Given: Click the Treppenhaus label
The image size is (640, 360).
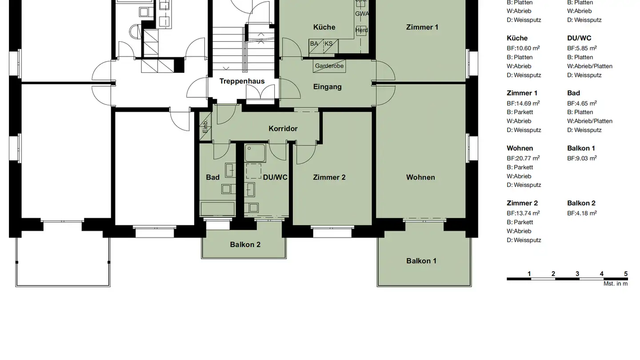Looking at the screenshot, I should pyautogui.click(x=242, y=81).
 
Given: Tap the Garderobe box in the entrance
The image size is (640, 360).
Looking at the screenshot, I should pyautogui.click(x=329, y=66).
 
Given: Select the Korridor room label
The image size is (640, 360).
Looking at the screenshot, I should pyautogui.click(x=283, y=128).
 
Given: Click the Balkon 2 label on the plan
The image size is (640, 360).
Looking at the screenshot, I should pyautogui.click(x=245, y=244).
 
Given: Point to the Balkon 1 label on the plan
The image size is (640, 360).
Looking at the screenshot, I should pyautogui.click(x=421, y=261).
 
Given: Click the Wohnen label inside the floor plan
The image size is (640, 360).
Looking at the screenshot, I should pyautogui.click(x=420, y=177).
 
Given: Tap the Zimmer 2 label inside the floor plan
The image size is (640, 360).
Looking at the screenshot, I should pyautogui.click(x=329, y=177).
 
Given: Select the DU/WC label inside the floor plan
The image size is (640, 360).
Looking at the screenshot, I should pyautogui.click(x=275, y=177).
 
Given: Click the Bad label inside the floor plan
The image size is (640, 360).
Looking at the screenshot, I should pyautogui.click(x=212, y=177).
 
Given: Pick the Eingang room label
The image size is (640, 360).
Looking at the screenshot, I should pyautogui.click(x=327, y=87).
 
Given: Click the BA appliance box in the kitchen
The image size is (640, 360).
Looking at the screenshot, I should pyautogui.click(x=315, y=44).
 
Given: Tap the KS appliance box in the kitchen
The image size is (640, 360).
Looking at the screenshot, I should pyautogui.click(x=328, y=44).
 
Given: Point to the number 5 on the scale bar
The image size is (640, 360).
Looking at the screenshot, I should pyautogui.click(x=626, y=274).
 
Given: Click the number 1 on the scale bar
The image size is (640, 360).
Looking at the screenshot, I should pyautogui.click(x=529, y=274).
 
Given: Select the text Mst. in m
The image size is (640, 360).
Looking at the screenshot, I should pyautogui.click(x=615, y=284).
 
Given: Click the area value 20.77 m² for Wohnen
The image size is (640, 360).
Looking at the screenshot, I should pyautogui.click(x=523, y=158).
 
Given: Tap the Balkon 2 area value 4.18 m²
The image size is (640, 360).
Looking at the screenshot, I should pyautogui.click(x=582, y=213).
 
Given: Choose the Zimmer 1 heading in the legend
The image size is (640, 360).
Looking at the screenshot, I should pyautogui.click(x=522, y=93).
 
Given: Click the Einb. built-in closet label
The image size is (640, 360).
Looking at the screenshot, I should pyautogui.click(x=205, y=127).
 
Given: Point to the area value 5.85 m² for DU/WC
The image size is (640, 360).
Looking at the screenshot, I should pyautogui.click(x=582, y=48).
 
